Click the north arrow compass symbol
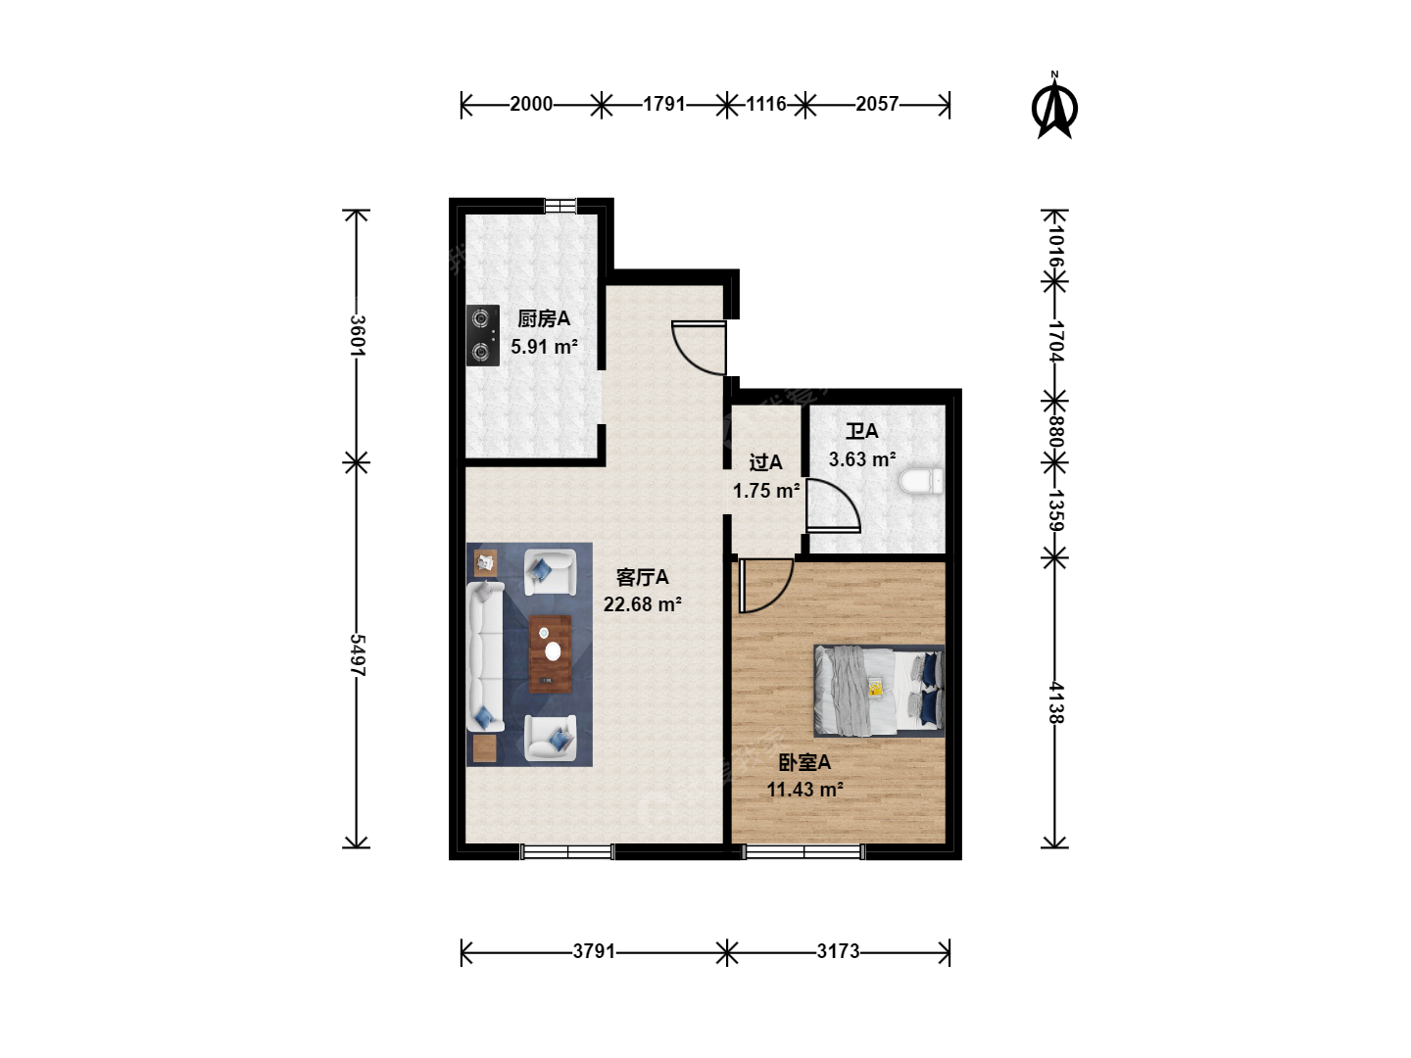tap(1054, 107)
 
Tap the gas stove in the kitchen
tap(483, 335)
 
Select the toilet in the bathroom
tap(921, 481)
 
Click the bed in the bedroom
tap(879, 691)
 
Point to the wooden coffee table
tap(551, 654)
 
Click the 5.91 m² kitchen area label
tap(544, 347)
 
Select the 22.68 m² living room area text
tap(642, 604)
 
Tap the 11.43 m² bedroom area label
tap(804, 789)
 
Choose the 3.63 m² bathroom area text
tap(862, 459)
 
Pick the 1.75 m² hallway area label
tap(766, 491)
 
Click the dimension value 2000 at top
tap(531, 104)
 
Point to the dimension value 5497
tap(358, 654)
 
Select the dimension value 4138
tap(1056, 702)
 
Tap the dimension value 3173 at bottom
tap(838, 950)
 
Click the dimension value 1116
tap(766, 104)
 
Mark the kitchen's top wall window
tap(560, 206)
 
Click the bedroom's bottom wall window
tap(803, 852)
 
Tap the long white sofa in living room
tap(486, 656)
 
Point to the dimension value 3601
tap(358, 335)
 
